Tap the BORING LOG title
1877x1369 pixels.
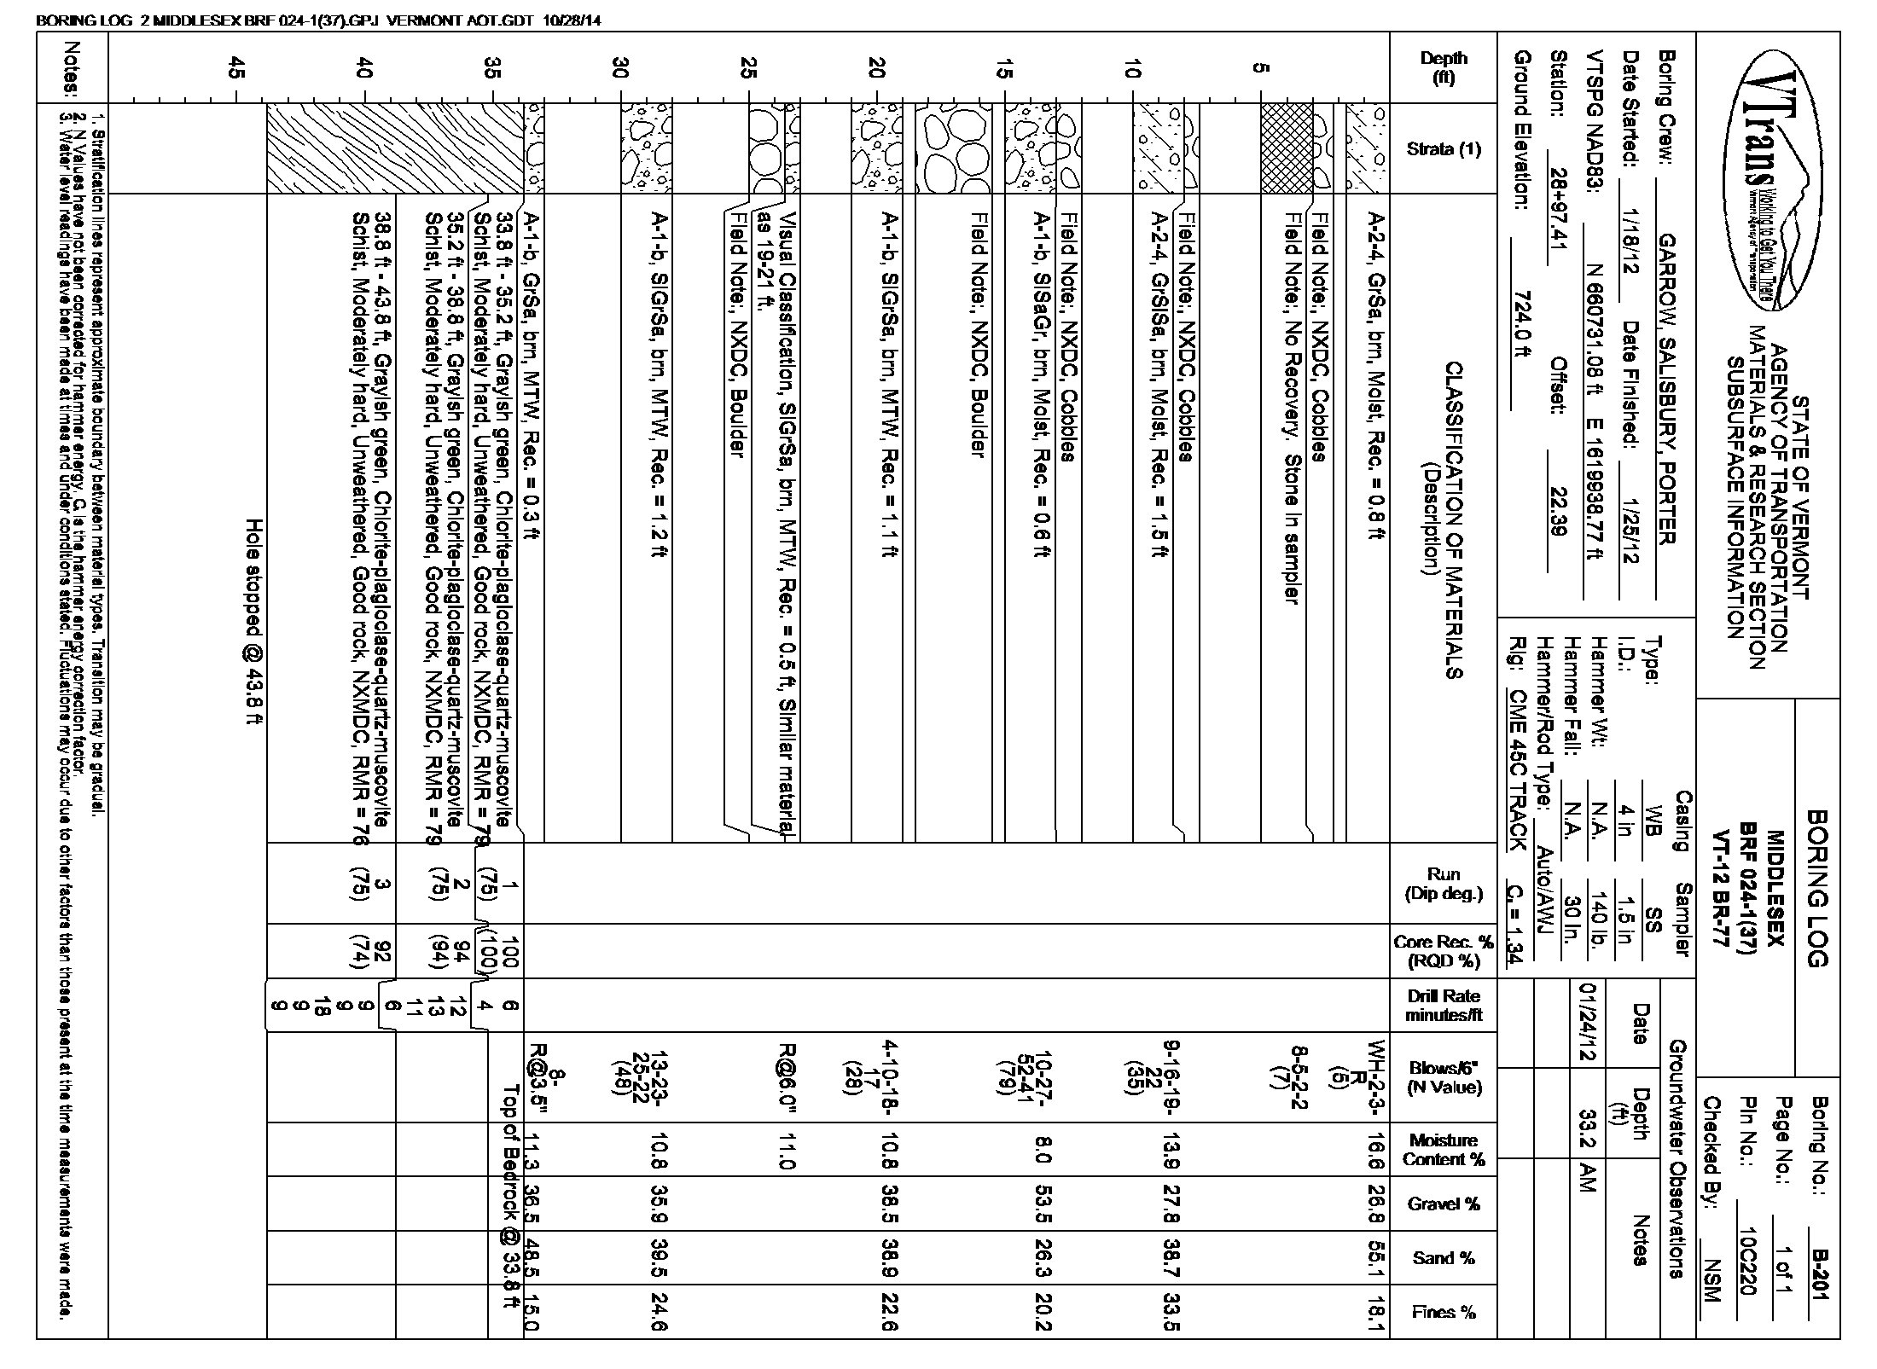(1818, 887)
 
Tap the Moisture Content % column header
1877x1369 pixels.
(1444, 1149)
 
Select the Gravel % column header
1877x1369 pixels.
(1444, 1204)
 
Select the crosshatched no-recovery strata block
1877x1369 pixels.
(1287, 148)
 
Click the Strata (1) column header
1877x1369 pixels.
(1444, 149)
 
